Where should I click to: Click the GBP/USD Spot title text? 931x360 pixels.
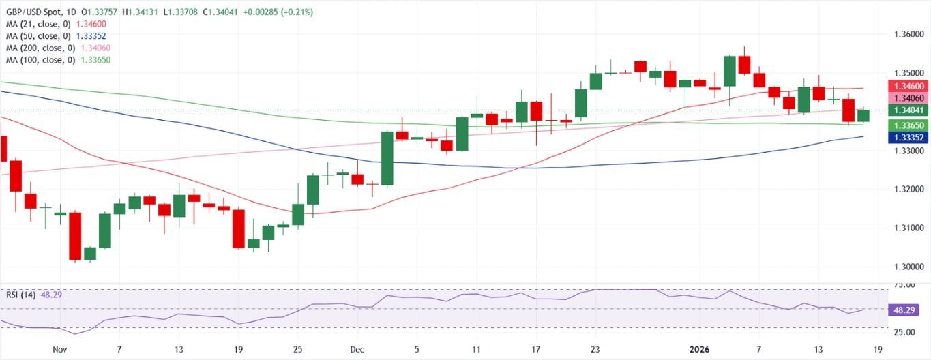[x=33, y=12]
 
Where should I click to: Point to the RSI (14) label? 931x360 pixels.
[x=20, y=295]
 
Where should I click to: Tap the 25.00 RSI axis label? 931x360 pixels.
[x=904, y=332]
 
